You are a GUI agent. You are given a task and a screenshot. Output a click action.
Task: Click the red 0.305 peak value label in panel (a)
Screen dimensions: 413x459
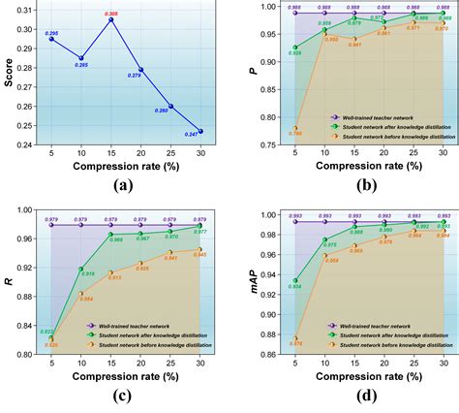point(111,15)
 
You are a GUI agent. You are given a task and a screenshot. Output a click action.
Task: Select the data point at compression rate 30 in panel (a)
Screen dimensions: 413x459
point(200,131)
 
